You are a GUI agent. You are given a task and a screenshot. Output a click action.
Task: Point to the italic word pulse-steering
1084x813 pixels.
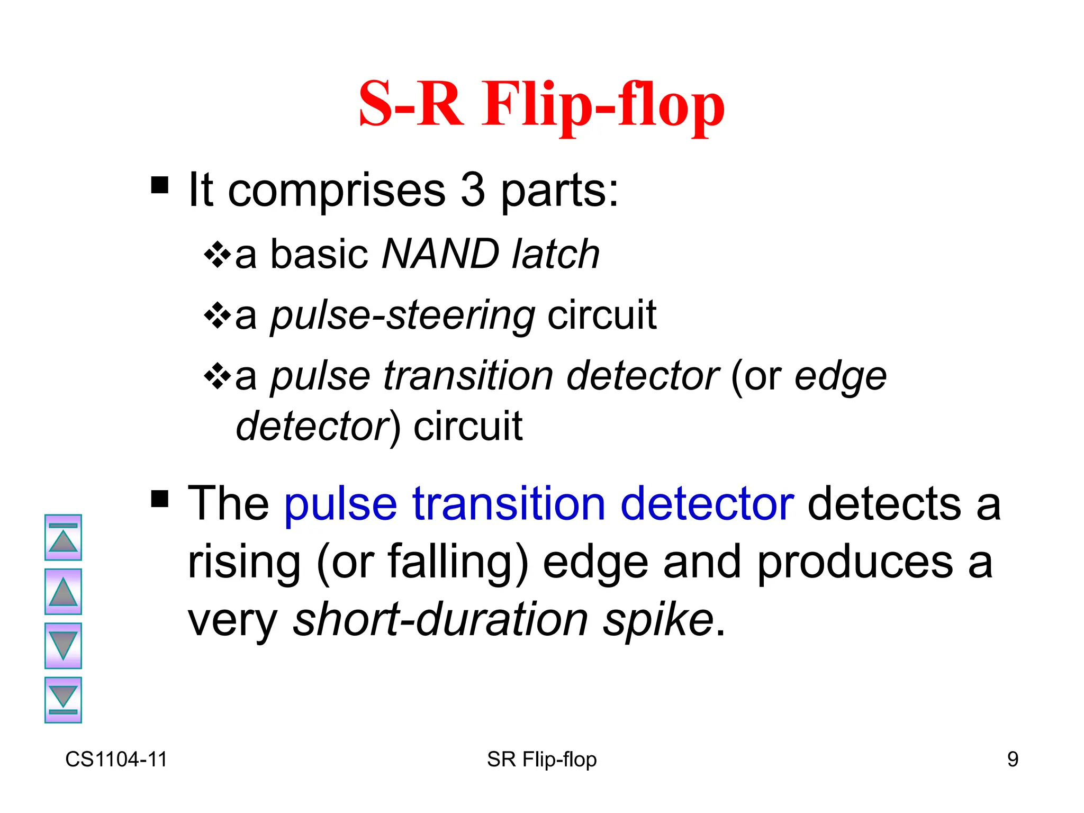402,315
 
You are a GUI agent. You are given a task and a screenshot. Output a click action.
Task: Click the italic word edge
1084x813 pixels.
840,377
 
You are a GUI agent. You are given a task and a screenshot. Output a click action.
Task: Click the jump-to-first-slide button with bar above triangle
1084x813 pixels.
63,537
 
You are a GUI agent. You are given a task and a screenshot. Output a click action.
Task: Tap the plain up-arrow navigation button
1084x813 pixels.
63,592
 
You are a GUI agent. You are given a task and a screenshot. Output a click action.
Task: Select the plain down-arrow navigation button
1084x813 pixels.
63,646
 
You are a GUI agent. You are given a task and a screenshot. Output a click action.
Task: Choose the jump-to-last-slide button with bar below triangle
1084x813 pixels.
63,700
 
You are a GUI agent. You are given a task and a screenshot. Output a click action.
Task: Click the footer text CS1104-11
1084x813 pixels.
116,759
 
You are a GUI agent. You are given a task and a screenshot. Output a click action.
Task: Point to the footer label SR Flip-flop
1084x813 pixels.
541,759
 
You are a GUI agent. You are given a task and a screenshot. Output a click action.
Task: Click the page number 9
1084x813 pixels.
1013,759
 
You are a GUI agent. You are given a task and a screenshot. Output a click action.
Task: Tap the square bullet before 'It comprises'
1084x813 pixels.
159,185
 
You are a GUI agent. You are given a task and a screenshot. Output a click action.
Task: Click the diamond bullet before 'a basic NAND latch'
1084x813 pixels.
217,255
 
